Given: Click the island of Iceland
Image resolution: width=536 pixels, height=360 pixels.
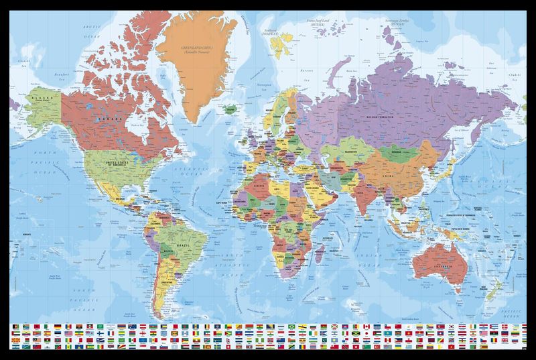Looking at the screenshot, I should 228,107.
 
